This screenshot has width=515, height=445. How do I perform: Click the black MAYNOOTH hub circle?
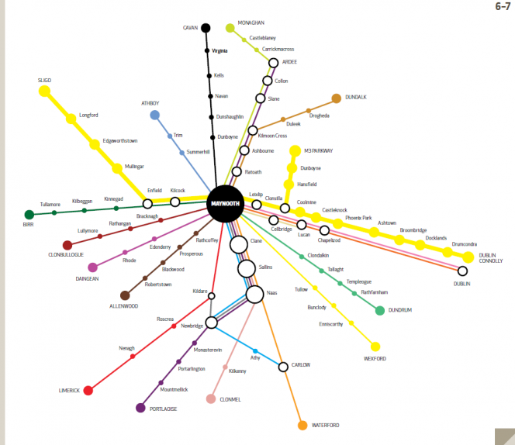coord(225,204)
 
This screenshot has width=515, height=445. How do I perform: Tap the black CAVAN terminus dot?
coord(206,28)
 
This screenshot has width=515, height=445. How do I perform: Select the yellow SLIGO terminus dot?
coord(44,91)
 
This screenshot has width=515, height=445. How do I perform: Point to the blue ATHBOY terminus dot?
coord(154,115)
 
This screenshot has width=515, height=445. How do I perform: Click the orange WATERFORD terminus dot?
coord(302,426)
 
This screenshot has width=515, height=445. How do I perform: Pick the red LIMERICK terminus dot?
coord(88,391)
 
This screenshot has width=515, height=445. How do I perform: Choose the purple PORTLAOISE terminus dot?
coord(140,408)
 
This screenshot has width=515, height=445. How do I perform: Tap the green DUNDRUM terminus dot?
coord(380,310)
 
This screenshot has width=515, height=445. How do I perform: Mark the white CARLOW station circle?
coord(283,367)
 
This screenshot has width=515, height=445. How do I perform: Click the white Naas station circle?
coord(254,295)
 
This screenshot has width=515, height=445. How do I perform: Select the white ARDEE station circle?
coord(273,63)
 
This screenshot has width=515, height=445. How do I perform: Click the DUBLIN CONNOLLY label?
coord(491,258)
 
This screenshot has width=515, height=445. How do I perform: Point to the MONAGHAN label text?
coord(251,22)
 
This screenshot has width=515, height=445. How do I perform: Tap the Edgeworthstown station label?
coord(120,141)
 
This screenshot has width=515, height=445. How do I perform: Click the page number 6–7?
coord(503,6)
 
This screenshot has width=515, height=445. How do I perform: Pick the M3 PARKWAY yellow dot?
coord(296,150)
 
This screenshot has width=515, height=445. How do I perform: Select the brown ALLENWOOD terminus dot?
coord(125,295)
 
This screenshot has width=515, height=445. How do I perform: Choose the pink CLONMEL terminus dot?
coord(211,399)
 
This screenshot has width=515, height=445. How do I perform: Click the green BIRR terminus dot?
coord(29,215)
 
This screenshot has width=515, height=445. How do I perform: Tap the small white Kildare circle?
coord(212,296)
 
